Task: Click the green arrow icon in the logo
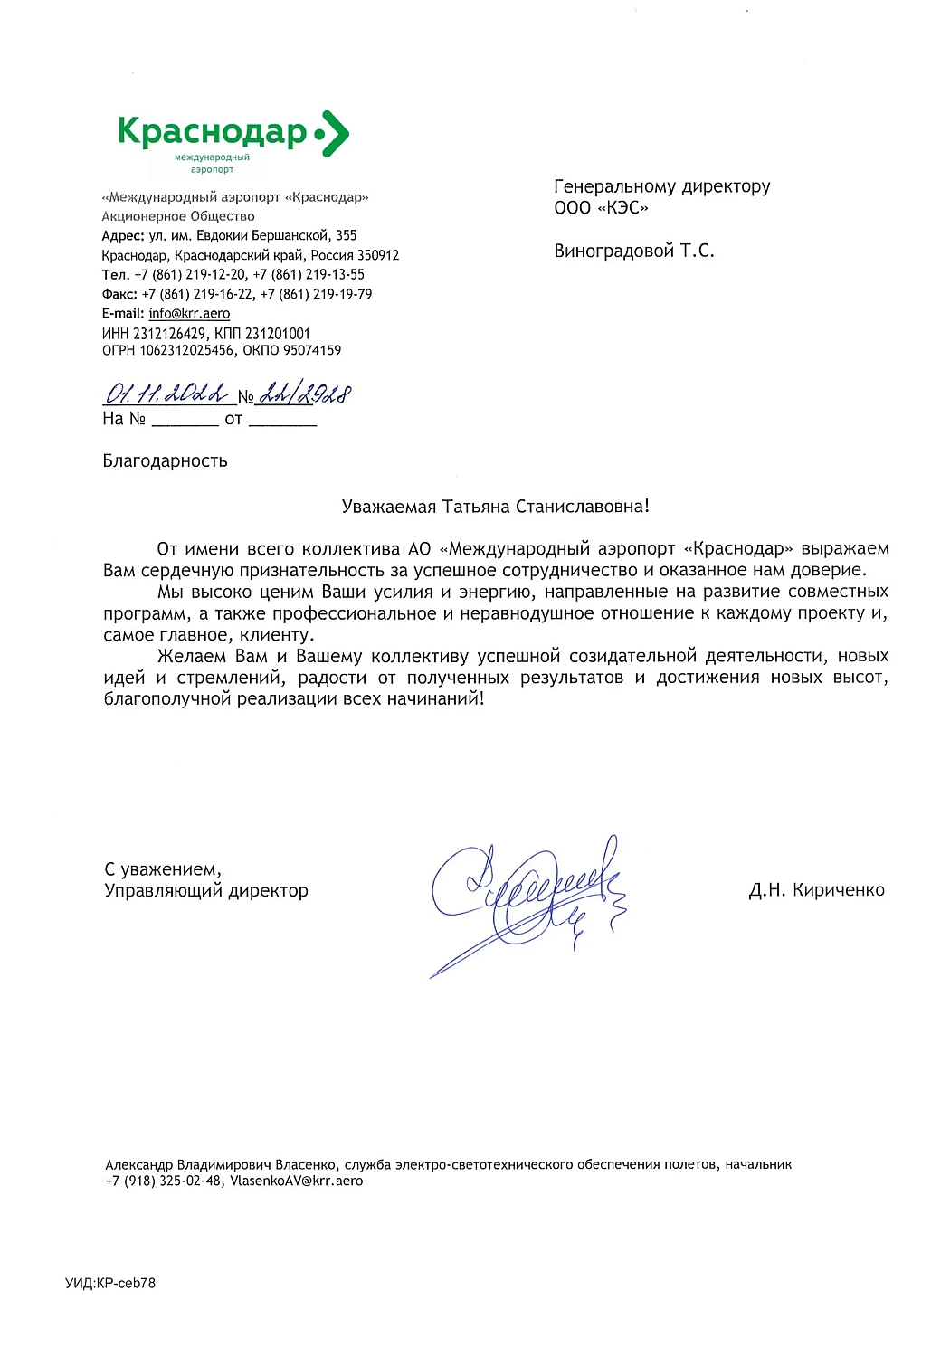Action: (x=335, y=134)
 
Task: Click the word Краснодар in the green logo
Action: (x=213, y=132)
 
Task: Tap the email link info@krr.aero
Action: (x=189, y=313)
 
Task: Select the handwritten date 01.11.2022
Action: (x=167, y=394)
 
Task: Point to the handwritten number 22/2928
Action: (x=305, y=394)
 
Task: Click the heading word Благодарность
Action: (x=165, y=461)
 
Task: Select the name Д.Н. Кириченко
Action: (x=816, y=890)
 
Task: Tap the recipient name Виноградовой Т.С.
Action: (x=633, y=251)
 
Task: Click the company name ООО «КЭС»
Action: (x=601, y=208)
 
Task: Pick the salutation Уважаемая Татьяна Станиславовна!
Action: (x=495, y=507)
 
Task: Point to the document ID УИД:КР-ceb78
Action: (x=109, y=1283)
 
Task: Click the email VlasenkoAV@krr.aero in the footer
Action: (x=296, y=1181)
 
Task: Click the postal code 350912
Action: (x=378, y=255)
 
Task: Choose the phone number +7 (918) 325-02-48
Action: (x=163, y=1181)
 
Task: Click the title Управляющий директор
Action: (x=206, y=891)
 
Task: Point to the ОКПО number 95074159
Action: (x=312, y=350)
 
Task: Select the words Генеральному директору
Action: (x=661, y=186)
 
